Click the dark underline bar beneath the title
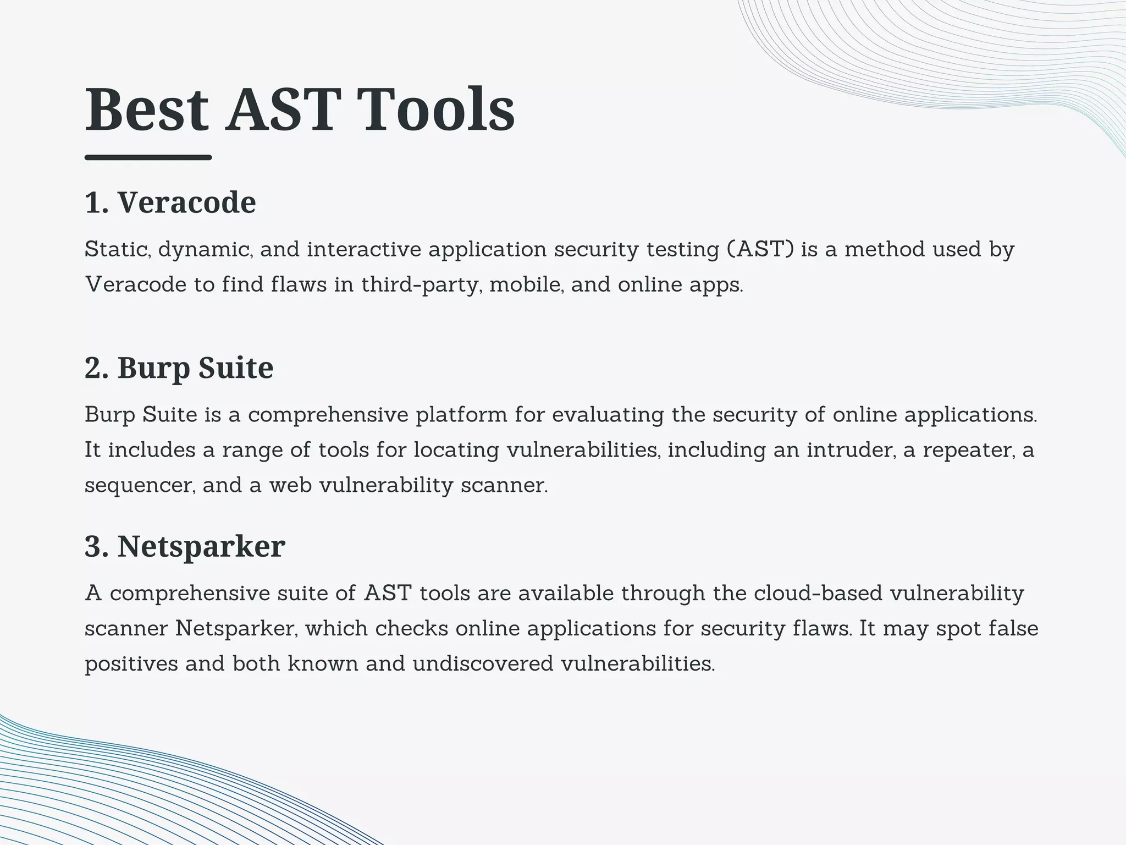pos(148,157)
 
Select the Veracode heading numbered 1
pos(170,202)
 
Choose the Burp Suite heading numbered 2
pos(179,367)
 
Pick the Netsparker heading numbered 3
pos(185,546)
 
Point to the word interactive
pos(364,249)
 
